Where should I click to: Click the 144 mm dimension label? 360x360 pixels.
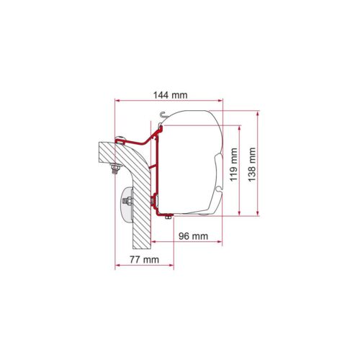(x=171, y=95)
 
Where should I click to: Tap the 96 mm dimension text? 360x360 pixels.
(x=193, y=236)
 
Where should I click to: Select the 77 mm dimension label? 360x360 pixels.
(x=144, y=259)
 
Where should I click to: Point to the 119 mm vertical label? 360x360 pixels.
(x=233, y=164)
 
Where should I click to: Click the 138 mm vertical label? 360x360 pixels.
(x=252, y=164)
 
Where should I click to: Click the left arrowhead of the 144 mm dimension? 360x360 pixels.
(x=117, y=101)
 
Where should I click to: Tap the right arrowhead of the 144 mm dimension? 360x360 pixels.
(x=220, y=101)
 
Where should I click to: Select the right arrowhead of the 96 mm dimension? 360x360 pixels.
(x=220, y=241)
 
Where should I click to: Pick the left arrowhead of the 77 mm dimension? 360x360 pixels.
(x=117, y=265)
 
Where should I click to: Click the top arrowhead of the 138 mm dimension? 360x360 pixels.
(x=258, y=113)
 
